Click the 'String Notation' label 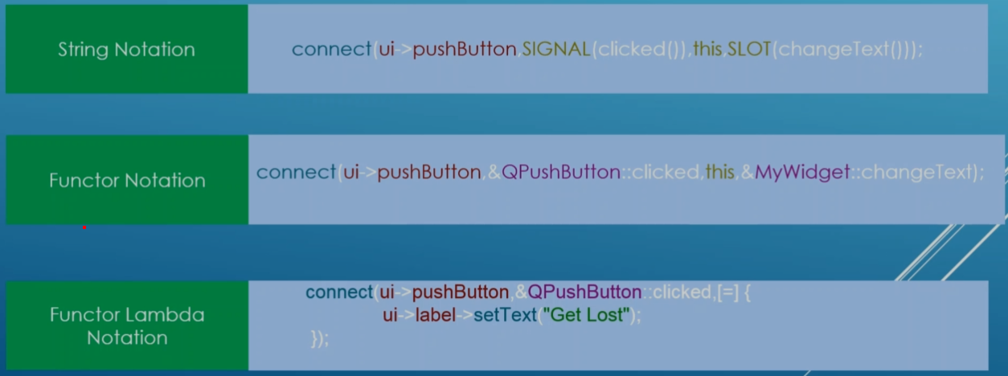tap(126, 50)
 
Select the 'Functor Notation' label tap(126, 180)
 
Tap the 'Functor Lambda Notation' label tap(126, 325)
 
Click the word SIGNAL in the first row tap(555, 50)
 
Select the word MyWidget tap(801, 172)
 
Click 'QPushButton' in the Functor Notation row tap(560, 172)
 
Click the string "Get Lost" tap(586, 315)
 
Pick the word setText tap(504, 315)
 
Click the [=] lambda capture tap(727, 292)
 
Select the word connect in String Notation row tap(331, 50)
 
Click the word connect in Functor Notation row tap(295, 172)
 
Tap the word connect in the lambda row tap(338, 292)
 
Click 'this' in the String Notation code tap(707, 50)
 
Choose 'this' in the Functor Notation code tap(719, 172)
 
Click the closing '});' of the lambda tap(320, 339)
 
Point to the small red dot tap(84, 227)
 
